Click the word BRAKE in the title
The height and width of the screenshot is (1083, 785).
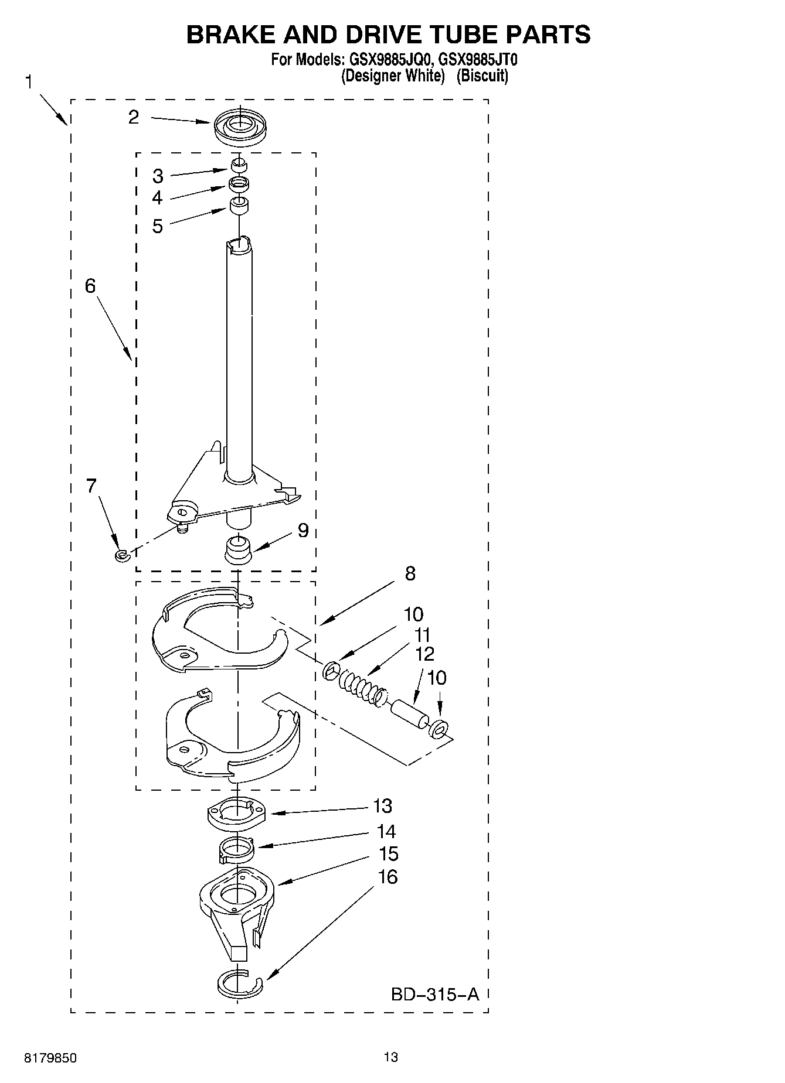[x=230, y=35]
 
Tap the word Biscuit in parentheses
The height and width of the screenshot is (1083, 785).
[x=482, y=76]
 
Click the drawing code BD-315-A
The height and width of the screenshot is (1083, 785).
[x=434, y=994]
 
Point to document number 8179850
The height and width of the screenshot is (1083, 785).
[x=50, y=1058]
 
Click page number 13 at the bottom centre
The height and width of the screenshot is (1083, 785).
[x=391, y=1057]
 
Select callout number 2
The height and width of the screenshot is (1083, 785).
[x=134, y=117]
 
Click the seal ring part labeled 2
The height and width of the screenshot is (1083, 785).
[x=239, y=127]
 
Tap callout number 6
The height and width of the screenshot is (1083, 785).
[x=90, y=286]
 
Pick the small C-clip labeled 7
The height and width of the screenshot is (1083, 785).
[x=121, y=554]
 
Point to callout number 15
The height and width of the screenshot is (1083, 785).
[x=389, y=854]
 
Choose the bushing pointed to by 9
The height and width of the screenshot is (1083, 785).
[x=238, y=549]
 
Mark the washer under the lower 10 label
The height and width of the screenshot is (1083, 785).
[x=439, y=728]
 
